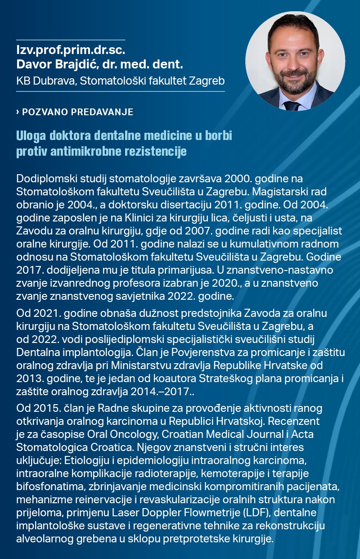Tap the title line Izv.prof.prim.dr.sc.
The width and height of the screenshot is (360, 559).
pos(71,50)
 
